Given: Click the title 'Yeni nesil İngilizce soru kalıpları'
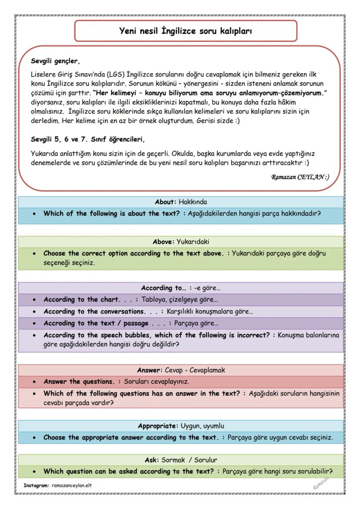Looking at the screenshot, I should click(x=186, y=31).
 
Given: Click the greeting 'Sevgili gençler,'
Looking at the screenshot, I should click(x=56, y=61).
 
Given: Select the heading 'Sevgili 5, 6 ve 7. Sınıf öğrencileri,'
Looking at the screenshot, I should click(x=87, y=140).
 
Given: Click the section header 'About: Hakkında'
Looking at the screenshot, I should click(x=181, y=202).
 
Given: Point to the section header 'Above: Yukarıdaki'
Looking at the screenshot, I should click(x=181, y=242).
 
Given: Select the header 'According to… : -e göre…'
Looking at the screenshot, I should click(x=181, y=288).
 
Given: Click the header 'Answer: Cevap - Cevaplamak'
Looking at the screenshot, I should click(x=181, y=370).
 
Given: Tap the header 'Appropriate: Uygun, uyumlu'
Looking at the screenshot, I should click(x=181, y=426).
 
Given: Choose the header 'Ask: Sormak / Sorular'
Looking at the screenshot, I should click(x=181, y=459).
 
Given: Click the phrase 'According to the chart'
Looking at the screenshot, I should click(x=81, y=299).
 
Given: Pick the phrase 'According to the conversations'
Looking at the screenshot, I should click(x=94, y=311).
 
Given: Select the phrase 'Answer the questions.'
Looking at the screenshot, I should click(x=79, y=382).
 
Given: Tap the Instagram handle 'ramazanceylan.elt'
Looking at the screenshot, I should click(x=71, y=485).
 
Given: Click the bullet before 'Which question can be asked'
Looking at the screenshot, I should click(x=34, y=471).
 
